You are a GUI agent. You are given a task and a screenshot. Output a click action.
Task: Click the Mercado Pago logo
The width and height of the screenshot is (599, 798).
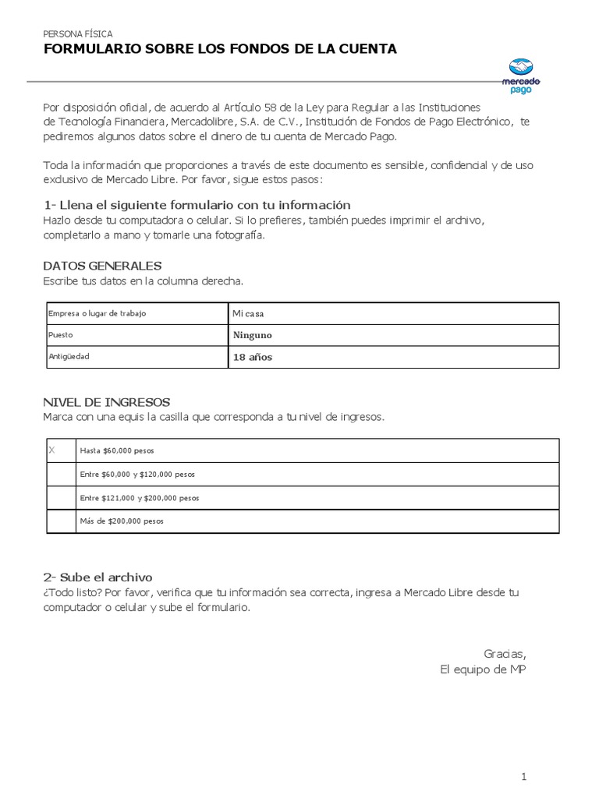point(521,76)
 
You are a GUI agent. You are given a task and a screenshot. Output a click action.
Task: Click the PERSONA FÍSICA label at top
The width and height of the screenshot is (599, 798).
point(77,34)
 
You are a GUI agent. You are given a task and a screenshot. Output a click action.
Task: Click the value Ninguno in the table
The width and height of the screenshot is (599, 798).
point(252,335)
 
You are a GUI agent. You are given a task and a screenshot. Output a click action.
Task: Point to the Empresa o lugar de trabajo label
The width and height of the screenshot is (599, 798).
point(97,313)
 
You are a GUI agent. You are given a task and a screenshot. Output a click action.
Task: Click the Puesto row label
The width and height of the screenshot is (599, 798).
point(61,335)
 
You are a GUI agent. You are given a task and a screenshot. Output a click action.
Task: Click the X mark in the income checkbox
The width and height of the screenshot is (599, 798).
point(52,450)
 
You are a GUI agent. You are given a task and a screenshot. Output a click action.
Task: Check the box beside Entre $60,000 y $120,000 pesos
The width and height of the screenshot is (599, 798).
point(61,474)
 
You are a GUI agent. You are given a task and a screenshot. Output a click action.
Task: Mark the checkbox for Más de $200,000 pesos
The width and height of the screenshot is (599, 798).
point(61,521)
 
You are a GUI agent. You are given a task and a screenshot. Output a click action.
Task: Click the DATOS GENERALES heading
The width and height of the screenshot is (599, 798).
point(102,266)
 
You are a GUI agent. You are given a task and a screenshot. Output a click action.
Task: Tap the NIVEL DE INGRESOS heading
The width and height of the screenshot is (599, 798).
point(105,402)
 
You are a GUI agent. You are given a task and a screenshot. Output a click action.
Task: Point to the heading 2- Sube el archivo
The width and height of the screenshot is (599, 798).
point(97,577)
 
